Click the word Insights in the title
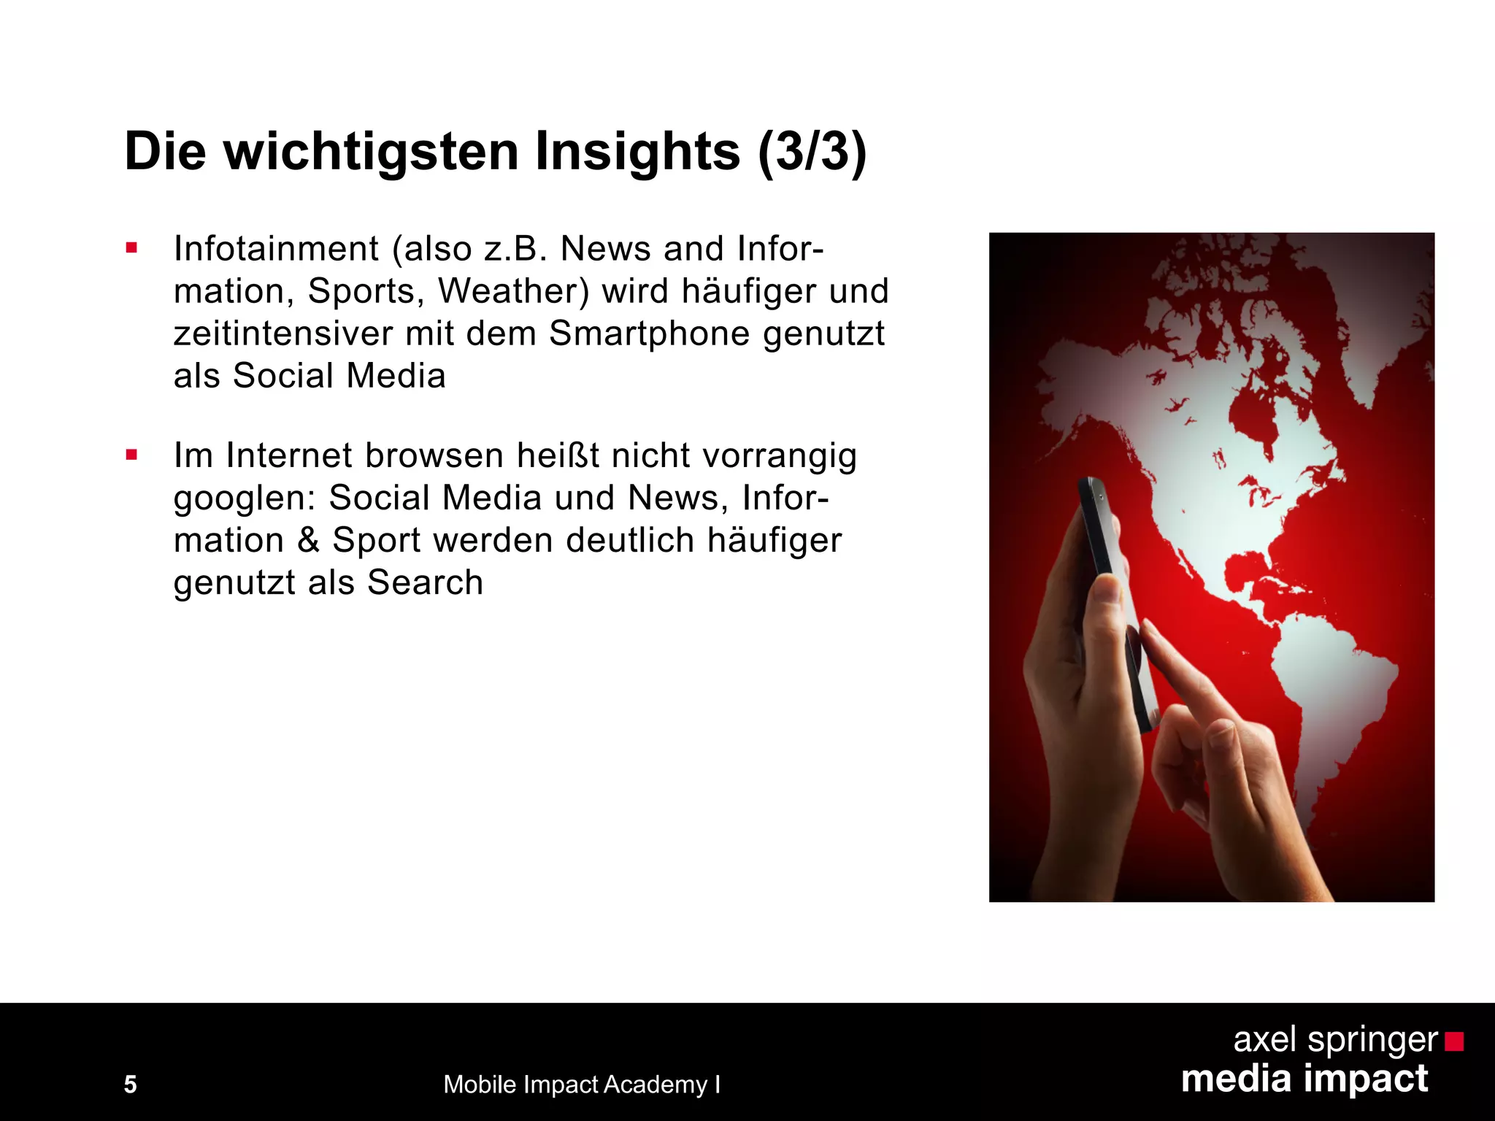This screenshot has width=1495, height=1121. [x=637, y=152]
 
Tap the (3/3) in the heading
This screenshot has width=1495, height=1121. [x=812, y=152]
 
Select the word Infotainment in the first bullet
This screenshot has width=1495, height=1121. [x=276, y=249]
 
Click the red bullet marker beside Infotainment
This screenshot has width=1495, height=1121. [x=131, y=248]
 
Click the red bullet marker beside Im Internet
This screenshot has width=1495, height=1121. [x=131, y=455]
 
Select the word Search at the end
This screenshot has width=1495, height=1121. [x=425, y=582]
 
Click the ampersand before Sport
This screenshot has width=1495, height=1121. [x=309, y=541]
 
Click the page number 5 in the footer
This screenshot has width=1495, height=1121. [x=131, y=1085]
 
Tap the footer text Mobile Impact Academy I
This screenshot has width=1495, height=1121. [x=582, y=1085]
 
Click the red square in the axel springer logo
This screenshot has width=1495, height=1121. [x=1454, y=1041]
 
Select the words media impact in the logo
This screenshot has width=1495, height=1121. [x=1304, y=1079]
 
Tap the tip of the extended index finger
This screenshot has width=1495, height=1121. [x=1148, y=626]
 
